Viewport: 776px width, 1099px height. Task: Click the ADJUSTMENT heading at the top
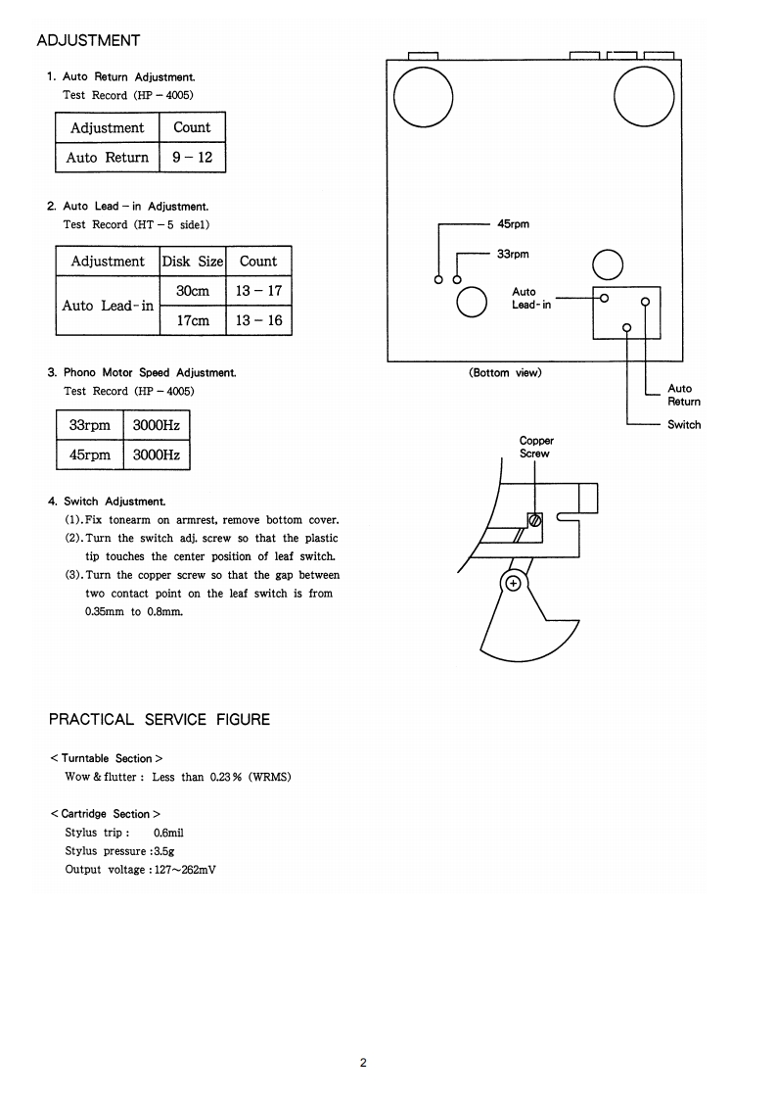tap(88, 40)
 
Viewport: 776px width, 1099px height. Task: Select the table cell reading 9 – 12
tap(192, 157)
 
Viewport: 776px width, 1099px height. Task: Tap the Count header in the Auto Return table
tap(192, 127)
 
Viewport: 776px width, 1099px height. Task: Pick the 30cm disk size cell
tap(193, 291)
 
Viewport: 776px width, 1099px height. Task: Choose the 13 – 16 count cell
tap(258, 320)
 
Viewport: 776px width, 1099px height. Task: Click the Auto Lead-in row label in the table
tap(108, 306)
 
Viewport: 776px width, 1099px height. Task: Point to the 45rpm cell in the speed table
tap(90, 455)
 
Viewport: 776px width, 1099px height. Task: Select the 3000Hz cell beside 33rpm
tap(156, 426)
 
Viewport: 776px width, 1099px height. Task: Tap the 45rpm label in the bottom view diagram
tap(513, 224)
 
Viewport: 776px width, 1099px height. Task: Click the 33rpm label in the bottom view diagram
tap(513, 254)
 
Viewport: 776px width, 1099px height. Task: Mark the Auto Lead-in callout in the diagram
tap(530, 298)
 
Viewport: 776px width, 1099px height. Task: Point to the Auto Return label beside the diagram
tap(684, 395)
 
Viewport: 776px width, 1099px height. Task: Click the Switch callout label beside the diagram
tap(684, 424)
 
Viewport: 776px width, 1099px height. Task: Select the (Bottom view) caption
tap(505, 373)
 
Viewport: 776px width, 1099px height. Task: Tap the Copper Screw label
tap(535, 447)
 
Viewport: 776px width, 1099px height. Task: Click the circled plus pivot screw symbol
tap(511, 585)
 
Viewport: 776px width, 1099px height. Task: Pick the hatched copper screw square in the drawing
tap(535, 520)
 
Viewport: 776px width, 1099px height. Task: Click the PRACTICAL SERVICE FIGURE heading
tap(160, 719)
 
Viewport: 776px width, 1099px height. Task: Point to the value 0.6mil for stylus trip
tap(169, 833)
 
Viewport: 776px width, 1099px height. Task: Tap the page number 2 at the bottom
tap(363, 1063)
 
